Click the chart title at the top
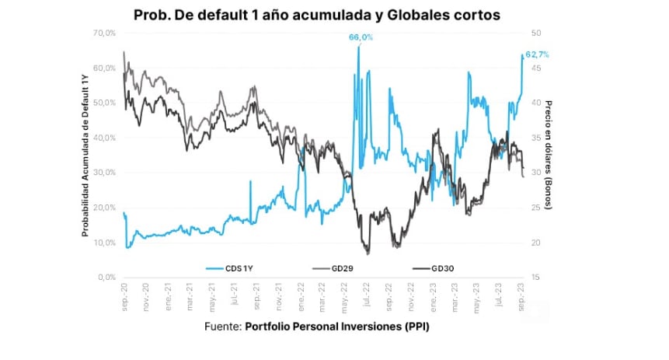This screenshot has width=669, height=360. [x=317, y=15]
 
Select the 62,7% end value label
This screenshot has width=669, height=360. [x=538, y=54]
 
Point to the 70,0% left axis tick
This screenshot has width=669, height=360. [x=103, y=33]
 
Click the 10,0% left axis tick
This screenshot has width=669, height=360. [x=103, y=243]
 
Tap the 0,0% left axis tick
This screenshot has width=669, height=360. [x=106, y=278]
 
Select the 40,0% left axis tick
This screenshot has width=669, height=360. [x=103, y=138]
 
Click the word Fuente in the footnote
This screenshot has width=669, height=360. [x=222, y=327]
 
